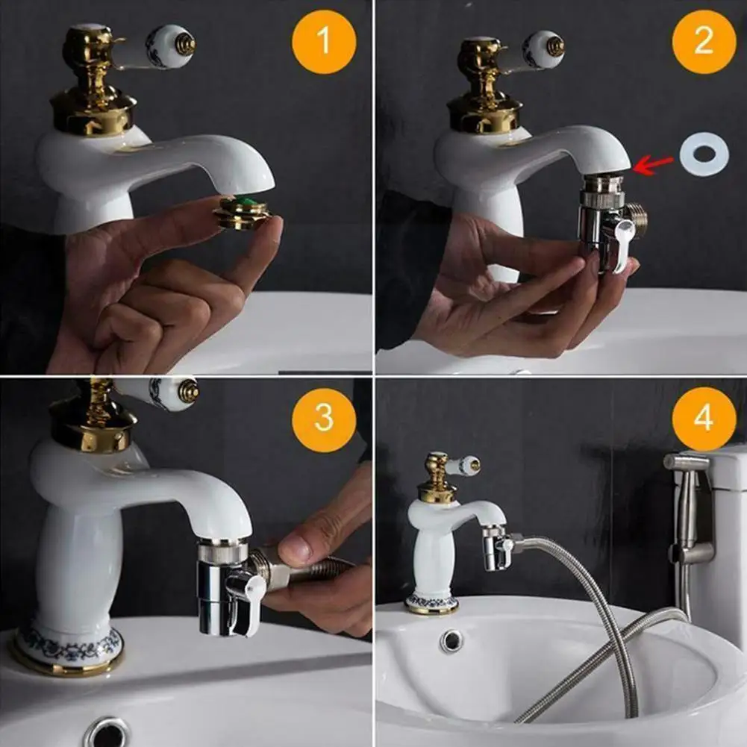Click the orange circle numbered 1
pyautogui.click(x=324, y=42)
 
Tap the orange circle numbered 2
pyautogui.click(x=704, y=42)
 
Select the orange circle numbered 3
pyautogui.click(x=324, y=419)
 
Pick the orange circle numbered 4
pyautogui.click(x=704, y=419)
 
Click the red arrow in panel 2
pyautogui.click(x=653, y=165)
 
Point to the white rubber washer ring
pyautogui.click(x=704, y=154)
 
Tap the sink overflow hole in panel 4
pyautogui.click(x=451, y=641)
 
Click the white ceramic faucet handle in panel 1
pyautogui.click(x=169, y=46)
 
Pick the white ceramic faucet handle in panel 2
pyautogui.click(x=543, y=50)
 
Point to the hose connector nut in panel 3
pyautogui.click(x=268, y=569)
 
